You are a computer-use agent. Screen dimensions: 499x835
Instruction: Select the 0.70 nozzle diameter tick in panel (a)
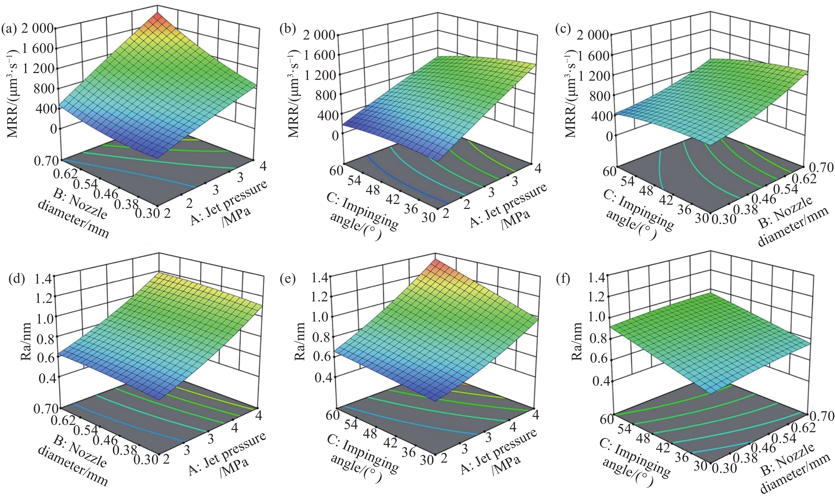[45, 161]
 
